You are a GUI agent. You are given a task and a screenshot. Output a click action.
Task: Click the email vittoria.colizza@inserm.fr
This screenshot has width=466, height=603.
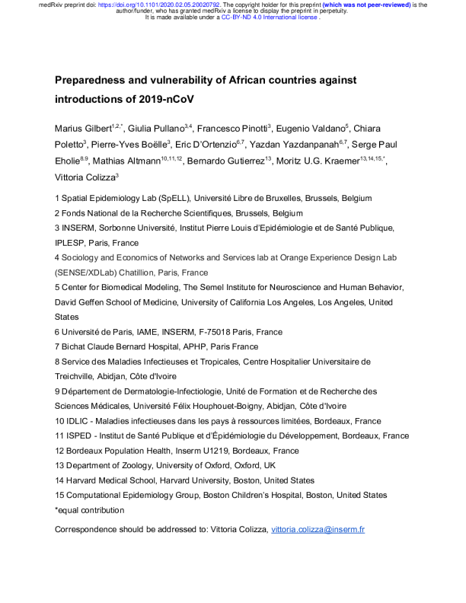(318, 529)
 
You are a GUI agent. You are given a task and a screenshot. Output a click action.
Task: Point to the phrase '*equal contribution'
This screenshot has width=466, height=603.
(90, 510)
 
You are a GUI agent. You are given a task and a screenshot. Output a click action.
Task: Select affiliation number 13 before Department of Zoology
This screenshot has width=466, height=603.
(60, 466)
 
